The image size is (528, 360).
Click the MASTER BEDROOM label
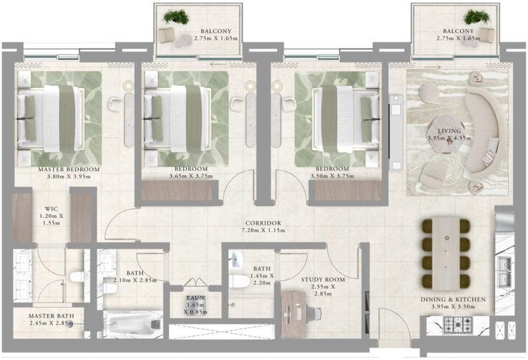point(69,169)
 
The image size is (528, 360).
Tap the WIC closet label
point(51,209)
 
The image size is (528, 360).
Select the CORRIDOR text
point(263,223)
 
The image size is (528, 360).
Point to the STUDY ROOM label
point(323,280)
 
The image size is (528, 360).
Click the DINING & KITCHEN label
point(453,299)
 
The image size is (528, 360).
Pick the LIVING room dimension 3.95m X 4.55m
point(449,138)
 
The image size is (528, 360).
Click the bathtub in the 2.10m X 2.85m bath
point(132,325)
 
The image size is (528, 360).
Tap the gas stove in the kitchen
point(458,325)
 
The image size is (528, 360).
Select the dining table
point(445,254)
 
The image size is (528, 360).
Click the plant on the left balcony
point(176,16)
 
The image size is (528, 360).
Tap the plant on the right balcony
point(476,16)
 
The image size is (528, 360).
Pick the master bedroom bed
point(51,118)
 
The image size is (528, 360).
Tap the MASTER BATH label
point(51,316)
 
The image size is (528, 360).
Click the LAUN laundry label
point(195,297)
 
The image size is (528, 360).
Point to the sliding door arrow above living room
point(432,67)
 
